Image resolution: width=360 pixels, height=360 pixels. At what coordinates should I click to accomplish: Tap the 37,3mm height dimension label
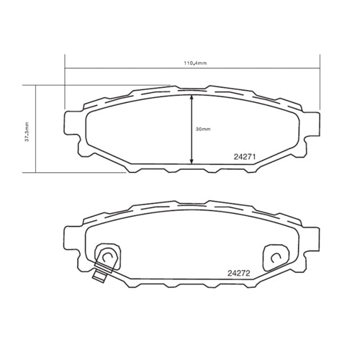(27, 133)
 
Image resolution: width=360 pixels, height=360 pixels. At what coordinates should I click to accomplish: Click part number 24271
(246, 156)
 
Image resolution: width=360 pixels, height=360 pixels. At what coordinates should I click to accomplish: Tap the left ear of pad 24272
(73, 241)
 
